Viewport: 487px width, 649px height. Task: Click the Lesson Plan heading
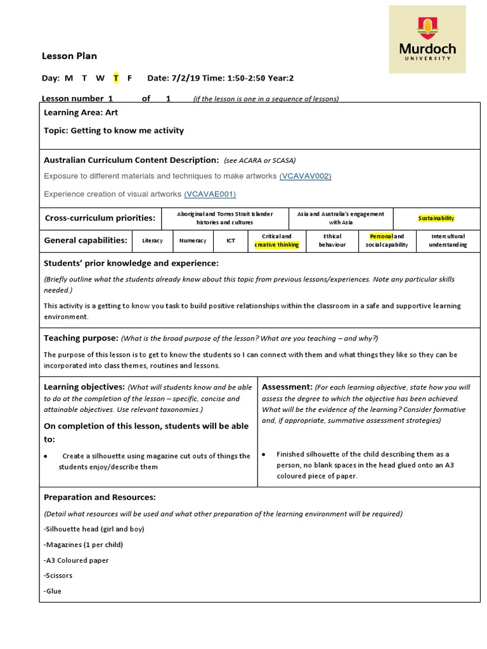pos(69,56)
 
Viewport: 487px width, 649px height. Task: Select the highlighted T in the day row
pos(116,78)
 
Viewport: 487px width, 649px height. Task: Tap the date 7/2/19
pos(188,78)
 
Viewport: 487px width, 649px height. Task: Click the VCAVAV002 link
pos(305,176)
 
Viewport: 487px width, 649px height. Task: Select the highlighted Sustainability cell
pos(436,218)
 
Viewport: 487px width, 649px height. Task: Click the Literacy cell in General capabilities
pos(152,241)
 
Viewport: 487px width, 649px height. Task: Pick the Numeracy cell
pos(193,241)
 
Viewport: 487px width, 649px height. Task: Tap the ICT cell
pos(231,241)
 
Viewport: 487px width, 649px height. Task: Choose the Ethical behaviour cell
pos(332,240)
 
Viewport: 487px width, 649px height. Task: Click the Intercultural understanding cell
pos(448,240)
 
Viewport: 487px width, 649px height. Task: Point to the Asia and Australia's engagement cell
pos(341,218)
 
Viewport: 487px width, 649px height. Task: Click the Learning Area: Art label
pos(81,112)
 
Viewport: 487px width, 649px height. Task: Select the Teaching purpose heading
pos(81,338)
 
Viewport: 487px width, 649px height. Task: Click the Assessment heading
pos(287,387)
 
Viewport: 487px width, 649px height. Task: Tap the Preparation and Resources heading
pos(100,498)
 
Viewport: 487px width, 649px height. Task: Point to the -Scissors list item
pos(58,575)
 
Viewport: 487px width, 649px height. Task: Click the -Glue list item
pos(53,591)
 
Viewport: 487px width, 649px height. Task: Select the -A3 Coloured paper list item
pos(76,560)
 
